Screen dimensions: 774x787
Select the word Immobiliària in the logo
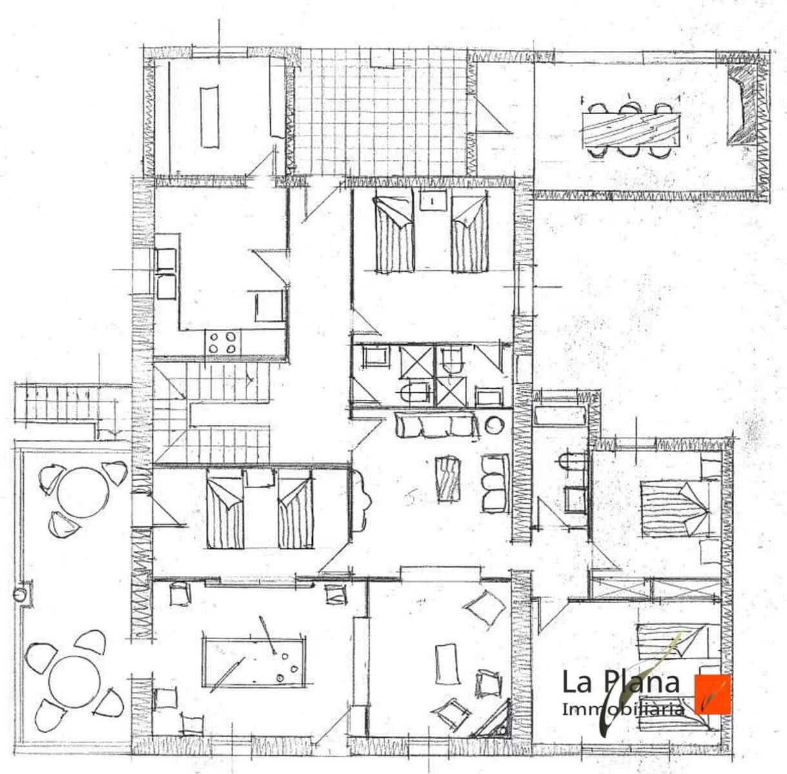pos(623,709)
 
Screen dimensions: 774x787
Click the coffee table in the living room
pos(448,478)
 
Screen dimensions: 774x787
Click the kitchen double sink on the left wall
pos(166,273)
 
